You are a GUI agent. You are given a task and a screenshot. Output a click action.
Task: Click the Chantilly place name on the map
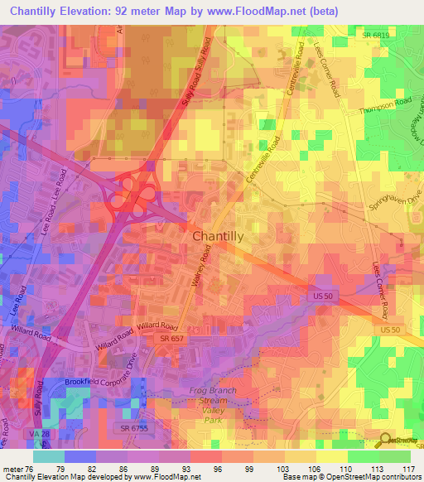click(x=218, y=236)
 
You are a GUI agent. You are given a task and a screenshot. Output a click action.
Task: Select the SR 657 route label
click(x=172, y=340)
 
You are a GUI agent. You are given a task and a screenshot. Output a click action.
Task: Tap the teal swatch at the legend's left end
click(x=48, y=456)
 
